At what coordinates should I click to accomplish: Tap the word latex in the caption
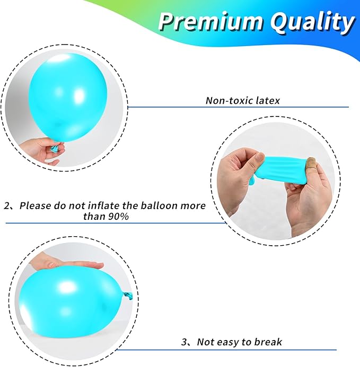268,101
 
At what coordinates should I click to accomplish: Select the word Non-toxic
229,101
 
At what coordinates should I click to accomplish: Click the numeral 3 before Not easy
184,342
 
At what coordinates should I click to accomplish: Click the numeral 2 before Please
7,205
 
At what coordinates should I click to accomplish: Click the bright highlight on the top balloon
79,96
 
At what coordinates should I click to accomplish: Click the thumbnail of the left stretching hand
259,158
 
